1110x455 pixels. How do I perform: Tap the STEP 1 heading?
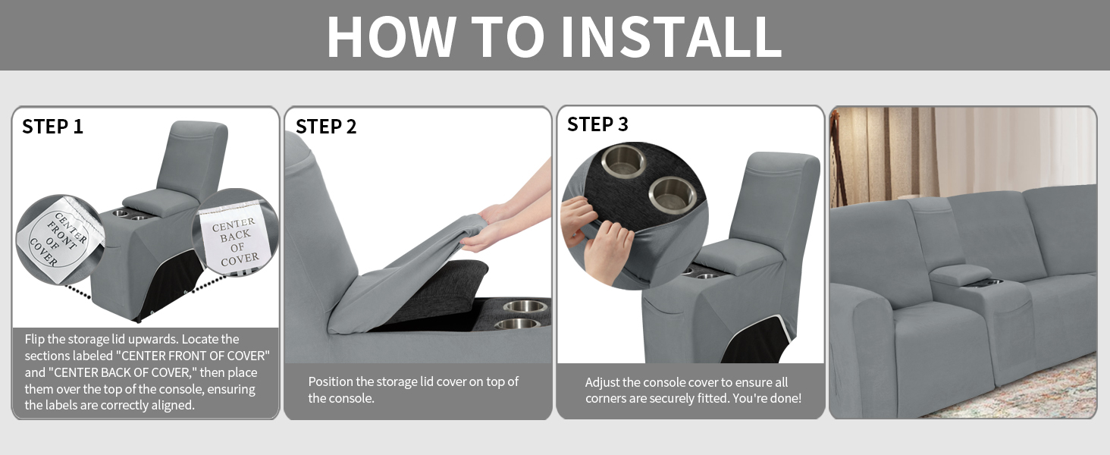click(52, 127)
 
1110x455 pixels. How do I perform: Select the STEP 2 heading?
click(326, 127)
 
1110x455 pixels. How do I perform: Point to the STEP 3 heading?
click(597, 124)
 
